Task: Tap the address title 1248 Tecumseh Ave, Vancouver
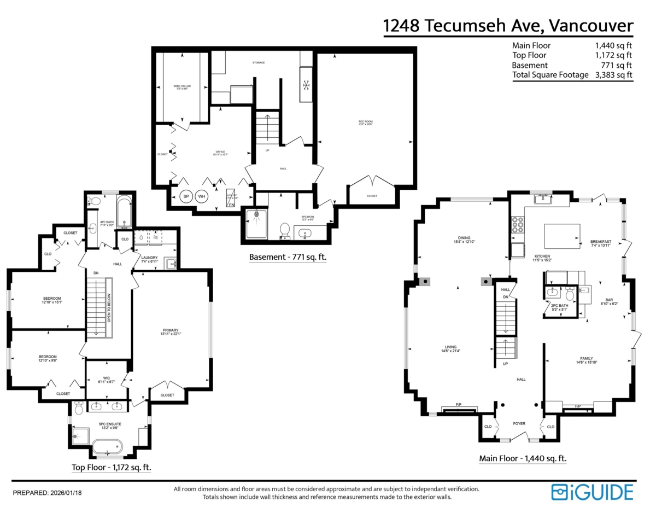[508, 25]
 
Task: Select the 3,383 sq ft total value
[613, 75]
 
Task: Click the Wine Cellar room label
[182, 86]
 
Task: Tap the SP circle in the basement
[186, 196]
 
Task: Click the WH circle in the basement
[202, 196]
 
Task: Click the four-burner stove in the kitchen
[517, 224]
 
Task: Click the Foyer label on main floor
[518, 423]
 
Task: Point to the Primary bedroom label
[171, 331]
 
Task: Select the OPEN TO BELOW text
[109, 308]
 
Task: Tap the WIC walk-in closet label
[107, 377]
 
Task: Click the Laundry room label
[149, 259]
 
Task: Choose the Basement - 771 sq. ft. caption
[288, 257]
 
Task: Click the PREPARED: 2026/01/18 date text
[47, 492]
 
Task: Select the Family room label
[586, 359]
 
